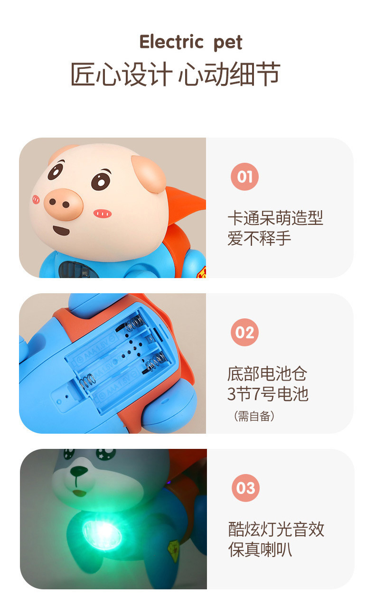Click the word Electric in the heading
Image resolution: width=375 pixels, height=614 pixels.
pos(171,42)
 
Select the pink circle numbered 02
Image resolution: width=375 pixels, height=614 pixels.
pos(245,332)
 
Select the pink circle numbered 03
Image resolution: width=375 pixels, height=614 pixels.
pos(245,488)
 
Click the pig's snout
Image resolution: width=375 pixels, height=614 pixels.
pos(63,203)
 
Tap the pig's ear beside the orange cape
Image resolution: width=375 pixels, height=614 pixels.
pos(149,173)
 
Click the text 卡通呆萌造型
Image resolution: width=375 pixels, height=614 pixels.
pos(275,218)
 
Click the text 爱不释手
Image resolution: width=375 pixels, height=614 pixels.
pos(259,238)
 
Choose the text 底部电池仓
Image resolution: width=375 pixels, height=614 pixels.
pos(267,374)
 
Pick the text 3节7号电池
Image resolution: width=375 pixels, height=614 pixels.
pos(268,394)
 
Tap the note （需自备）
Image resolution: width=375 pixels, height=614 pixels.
pos(254,416)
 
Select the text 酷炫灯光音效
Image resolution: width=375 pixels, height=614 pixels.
pos(276,529)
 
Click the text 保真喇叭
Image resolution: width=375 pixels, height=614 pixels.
pos(260,549)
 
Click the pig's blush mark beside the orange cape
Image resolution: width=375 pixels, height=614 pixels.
pos(102,214)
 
